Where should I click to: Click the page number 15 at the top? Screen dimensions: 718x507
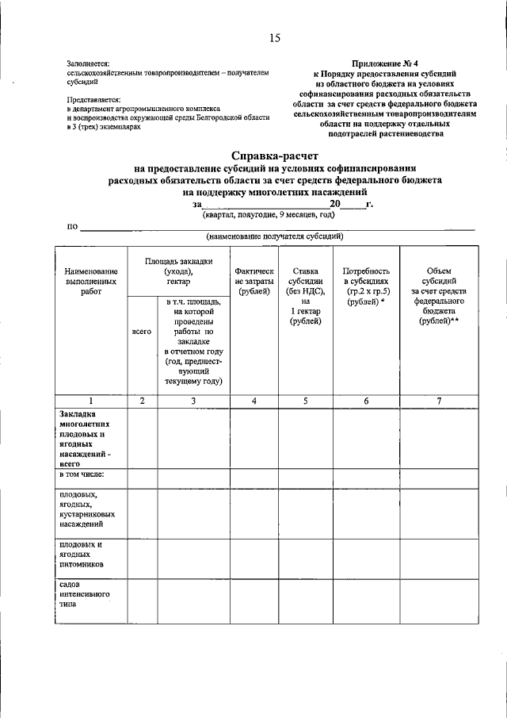pyautogui.click(x=275, y=37)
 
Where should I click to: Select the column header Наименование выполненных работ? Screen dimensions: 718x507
pyautogui.click(x=91, y=282)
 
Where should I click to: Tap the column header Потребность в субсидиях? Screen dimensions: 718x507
pyautogui.click(x=366, y=287)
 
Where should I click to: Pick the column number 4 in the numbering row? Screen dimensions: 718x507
pyautogui.click(x=254, y=401)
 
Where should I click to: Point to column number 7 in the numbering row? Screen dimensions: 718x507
pyautogui.click(x=439, y=401)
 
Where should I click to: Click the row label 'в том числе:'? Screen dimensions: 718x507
pyautogui.click(x=82, y=474)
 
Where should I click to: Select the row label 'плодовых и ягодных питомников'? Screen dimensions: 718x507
pyautogui.click(x=82, y=555)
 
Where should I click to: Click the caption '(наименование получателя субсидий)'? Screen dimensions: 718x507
pyautogui.click(x=274, y=236)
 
